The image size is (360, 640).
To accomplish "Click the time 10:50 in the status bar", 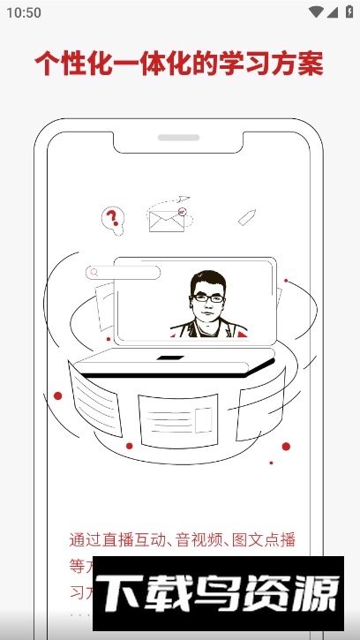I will (x=24, y=12).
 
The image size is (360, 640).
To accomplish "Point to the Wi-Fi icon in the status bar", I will (x=315, y=12).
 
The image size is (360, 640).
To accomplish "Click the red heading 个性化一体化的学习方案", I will (x=179, y=64).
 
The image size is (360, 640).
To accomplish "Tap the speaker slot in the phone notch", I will (x=179, y=138).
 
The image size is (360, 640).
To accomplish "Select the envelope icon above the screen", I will (x=166, y=219).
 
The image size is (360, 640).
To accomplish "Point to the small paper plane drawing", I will (x=184, y=199).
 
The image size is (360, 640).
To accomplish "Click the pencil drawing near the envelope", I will (x=247, y=216).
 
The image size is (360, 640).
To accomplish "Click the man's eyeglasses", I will (x=208, y=298).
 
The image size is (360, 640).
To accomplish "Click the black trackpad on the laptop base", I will (x=170, y=358).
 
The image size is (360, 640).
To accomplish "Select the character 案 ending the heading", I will (x=311, y=64).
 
